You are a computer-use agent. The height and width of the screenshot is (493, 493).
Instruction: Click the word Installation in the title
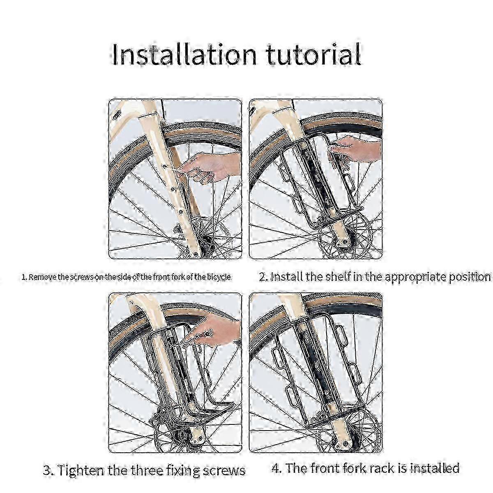[184, 55]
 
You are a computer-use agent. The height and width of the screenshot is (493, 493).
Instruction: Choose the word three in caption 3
[144, 470]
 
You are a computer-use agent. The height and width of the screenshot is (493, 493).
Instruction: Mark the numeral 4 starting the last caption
[275, 468]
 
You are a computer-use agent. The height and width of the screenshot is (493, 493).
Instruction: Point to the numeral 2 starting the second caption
[263, 277]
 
